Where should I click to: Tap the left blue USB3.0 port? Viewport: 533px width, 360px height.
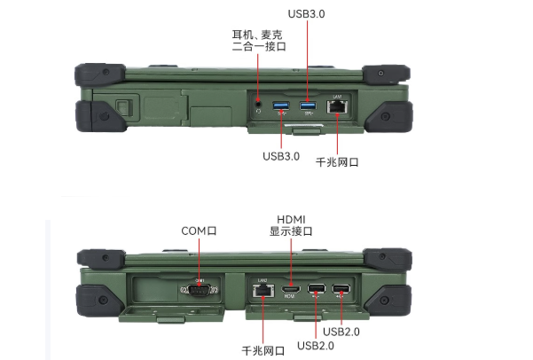pos(281,106)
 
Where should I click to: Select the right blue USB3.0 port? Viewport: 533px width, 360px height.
pos(308,106)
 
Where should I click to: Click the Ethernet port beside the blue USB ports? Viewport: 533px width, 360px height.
pos(338,106)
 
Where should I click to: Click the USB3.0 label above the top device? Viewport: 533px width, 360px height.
pos(307,14)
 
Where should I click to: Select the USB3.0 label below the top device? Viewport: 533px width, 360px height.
pos(281,157)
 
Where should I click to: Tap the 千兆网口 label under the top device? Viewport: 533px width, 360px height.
pos(337,162)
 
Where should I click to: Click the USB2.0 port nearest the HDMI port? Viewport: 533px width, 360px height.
pos(315,288)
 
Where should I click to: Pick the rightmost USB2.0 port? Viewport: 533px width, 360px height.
pos(341,288)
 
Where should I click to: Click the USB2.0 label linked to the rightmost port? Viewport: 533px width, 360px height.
pos(341,332)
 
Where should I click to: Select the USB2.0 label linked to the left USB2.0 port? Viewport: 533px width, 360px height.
pos(316,345)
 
